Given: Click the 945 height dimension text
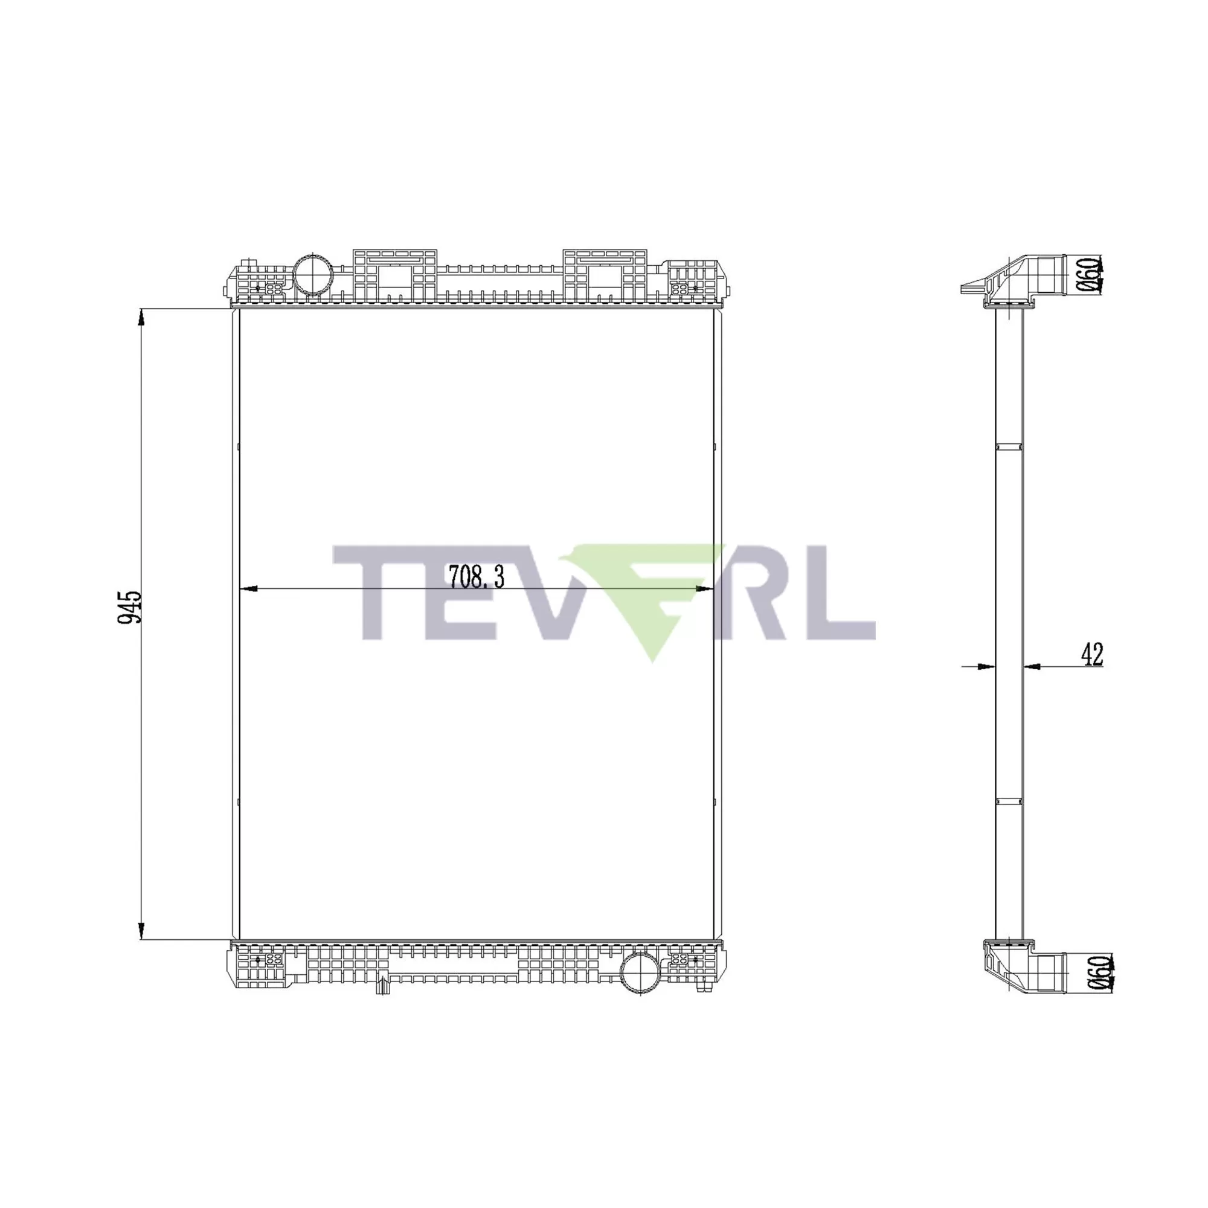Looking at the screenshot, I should (130, 606).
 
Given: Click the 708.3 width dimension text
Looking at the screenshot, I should (477, 577).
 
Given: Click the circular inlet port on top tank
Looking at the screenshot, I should (313, 274).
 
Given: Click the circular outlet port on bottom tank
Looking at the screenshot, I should (640, 989).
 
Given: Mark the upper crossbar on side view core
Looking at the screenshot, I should (1009, 446).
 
